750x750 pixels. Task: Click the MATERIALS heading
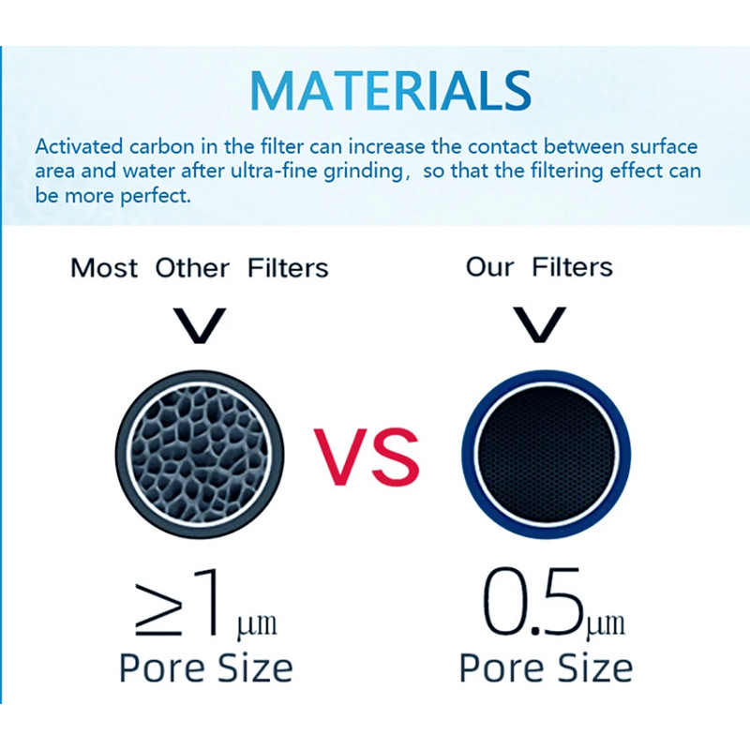pyautogui.click(x=390, y=90)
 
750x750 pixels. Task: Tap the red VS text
pyautogui.click(x=367, y=457)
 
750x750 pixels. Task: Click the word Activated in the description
pyautogui.click(x=79, y=146)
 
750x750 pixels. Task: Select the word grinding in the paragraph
pyautogui.click(x=363, y=172)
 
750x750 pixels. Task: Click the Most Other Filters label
pyautogui.click(x=200, y=268)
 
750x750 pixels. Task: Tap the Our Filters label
pyautogui.click(x=539, y=267)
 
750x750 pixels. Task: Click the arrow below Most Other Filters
pyautogui.click(x=199, y=325)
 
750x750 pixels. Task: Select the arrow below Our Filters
pyautogui.click(x=540, y=324)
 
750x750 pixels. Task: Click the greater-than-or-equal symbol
pyautogui.click(x=158, y=610)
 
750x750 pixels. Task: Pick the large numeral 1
pyautogui.click(x=208, y=602)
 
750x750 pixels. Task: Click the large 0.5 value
pyautogui.click(x=533, y=601)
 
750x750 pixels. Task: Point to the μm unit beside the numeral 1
pyautogui.click(x=257, y=625)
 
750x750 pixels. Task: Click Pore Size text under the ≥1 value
pyautogui.click(x=205, y=668)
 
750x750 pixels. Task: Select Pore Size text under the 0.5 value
pyautogui.click(x=546, y=667)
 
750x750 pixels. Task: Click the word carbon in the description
pyautogui.click(x=161, y=146)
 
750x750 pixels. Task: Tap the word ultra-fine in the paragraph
pyautogui.click(x=275, y=171)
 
